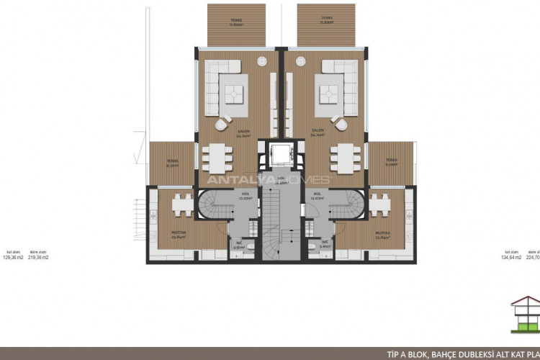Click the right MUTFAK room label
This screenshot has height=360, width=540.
point(381,232)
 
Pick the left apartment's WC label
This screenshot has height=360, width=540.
point(238,243)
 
